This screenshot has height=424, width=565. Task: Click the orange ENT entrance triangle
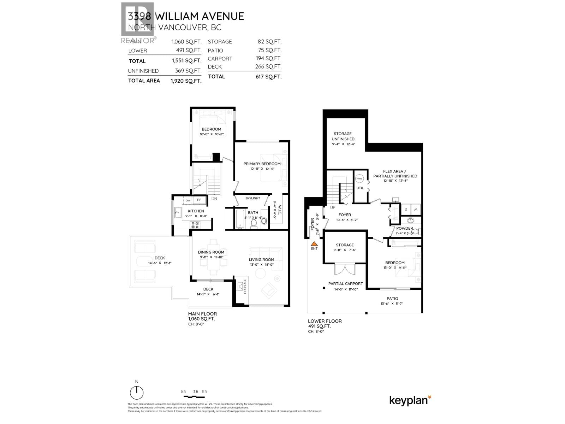click(314, 243)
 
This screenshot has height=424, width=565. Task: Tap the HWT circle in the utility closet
click(359, 179)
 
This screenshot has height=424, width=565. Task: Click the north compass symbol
click(137, 392)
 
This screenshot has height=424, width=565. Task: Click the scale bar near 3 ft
click(195, 396)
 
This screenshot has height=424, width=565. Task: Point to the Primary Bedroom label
click(262, 164)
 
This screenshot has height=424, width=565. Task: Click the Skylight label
click(252, 198)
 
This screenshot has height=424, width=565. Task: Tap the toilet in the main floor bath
click(254, 224)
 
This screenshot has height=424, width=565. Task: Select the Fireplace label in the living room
click(245, 286)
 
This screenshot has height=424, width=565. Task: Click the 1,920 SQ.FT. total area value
click(186, 81)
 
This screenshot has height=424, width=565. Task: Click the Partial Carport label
click(345, 283)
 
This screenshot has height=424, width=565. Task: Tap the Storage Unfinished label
click(343, 136)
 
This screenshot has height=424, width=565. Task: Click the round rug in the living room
click(261, 273)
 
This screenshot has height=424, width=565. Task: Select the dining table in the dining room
click(213, 257)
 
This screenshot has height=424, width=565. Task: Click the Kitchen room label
click(196, 211)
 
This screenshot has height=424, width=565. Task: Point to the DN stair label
click(214, 199)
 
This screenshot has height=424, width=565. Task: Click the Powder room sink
click(410, 221)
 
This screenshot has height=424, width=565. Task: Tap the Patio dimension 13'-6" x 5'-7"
click(392, 304)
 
